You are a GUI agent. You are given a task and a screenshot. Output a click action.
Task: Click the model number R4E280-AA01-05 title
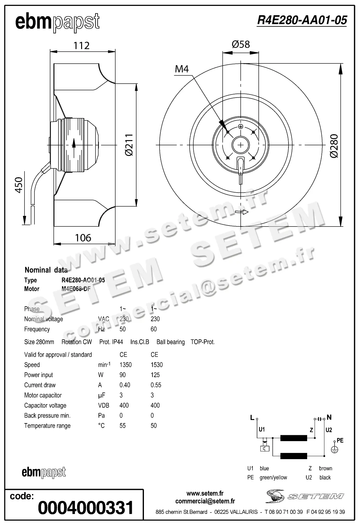pyautogui.click(x=302, y=20)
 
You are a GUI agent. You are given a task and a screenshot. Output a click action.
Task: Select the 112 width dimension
pyautogui.click(x=81, y=46)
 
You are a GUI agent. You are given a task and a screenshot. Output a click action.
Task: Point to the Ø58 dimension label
pyautogui.click(x=241, y=44)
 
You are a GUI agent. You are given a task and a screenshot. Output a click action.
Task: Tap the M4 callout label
pyautogui.click(x=182, y=69)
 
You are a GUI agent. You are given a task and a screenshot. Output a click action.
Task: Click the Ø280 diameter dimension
pyautogui.click(x=334, y=146)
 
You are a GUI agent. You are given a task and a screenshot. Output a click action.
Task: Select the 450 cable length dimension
pyautogui.click(x=19, y=185)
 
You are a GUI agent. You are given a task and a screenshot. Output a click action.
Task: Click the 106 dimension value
pyautogui.click(x=83, y=238)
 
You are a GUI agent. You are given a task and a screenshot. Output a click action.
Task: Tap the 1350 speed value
pyautogui.click(x=125, y=365)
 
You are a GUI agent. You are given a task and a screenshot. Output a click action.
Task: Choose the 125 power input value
pyautogui.click(x=155, y=375)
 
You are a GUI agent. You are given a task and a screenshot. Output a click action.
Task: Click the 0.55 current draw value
pyautogui.click(x=156, y=385)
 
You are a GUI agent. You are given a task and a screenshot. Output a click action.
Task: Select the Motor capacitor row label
pyautogui.click(x=43, y=395)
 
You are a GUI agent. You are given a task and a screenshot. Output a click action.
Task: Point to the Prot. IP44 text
pyautogui.click(x=111, y=342)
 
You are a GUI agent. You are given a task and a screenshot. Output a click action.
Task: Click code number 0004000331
pyautogui.click(x=85, y=508)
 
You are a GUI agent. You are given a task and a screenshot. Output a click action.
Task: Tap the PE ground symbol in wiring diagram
pyautogui.click(x=335, y=449)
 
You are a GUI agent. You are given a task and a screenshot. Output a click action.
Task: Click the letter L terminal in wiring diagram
pyautogui.click(x=252, y=418)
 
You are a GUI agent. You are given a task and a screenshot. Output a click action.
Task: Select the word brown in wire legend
pyautogui.click(x=325, y=468)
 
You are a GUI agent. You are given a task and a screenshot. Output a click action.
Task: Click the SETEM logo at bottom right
pyautogui.click(x=305, y=496)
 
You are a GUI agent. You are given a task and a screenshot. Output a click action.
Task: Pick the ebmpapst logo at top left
pyautogui.click(x=58, y=22)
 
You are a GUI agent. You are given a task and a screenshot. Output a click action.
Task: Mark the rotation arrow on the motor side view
pyautogui.click(x=74, y=144)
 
